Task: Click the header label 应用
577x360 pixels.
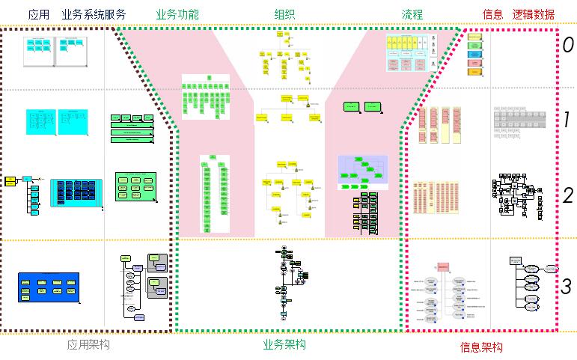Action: (x=39, y=14)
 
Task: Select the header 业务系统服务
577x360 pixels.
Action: (x=94, y=14)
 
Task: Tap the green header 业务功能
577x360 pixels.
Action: (x=177, y=14)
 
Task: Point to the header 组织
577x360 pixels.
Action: (x=284, y=14)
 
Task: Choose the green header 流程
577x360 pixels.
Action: (x=412, y=14)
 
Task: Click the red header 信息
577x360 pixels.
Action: (x=492, y=14)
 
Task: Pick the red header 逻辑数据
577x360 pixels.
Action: (x=534, y=14)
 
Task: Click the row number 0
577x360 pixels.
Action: (x=568, y=45)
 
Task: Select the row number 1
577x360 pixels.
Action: (x=567, y=120)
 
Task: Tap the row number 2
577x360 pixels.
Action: (x=567, y=196)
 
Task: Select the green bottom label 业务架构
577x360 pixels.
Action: (x=284, y=344)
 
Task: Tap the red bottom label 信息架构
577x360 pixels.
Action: (x=480, y=347)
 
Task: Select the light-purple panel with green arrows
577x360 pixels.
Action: (x=363, y=172)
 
